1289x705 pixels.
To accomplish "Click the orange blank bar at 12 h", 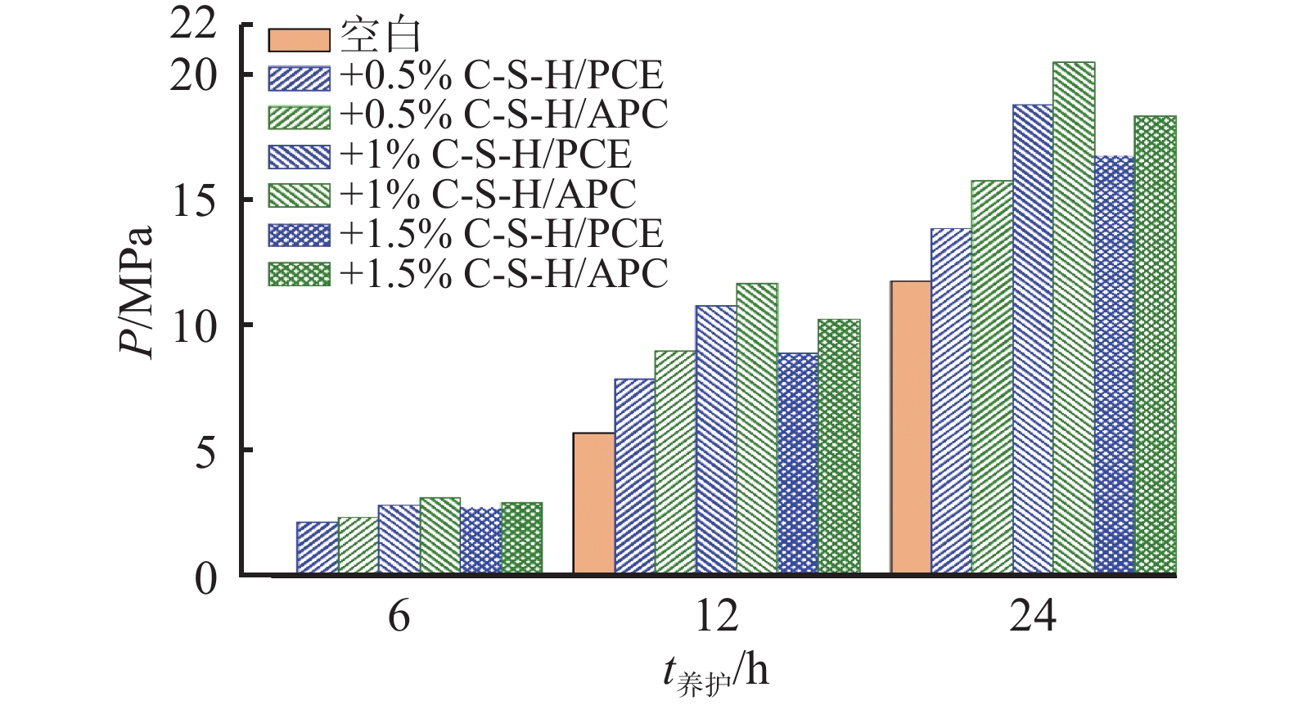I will [593, 503].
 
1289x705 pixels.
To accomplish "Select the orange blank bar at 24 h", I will [910, 428].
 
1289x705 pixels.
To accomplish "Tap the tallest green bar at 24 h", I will [1074, 318].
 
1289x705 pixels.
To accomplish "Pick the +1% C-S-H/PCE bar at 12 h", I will [716, 440].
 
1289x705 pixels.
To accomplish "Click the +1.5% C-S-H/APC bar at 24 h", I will [1156, 345].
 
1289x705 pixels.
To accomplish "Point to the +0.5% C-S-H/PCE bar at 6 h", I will [317, 548].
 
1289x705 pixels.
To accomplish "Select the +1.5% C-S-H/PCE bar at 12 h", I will [798, 464].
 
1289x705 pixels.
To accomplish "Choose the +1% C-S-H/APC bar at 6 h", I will [439, 536].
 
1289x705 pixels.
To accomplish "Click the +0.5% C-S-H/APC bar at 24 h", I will [992, 377].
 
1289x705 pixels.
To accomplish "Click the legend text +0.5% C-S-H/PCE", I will [501, 76].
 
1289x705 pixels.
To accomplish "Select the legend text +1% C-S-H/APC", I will [488, 195].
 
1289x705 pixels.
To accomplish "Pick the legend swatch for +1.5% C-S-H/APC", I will [299, 274].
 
